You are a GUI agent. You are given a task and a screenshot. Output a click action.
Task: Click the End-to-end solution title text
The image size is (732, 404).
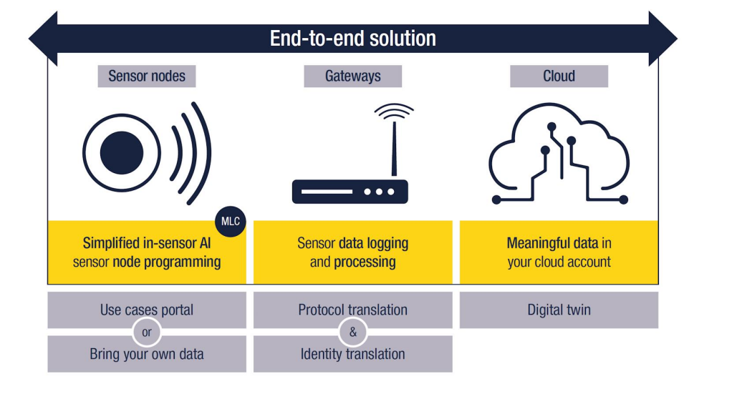(x=352, y=38)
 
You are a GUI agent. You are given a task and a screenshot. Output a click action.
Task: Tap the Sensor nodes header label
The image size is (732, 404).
(x=147, y=76)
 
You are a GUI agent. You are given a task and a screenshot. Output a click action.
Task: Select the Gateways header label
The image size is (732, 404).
(x=352, y=76)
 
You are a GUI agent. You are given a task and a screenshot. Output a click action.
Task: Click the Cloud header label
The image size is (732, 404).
(x=559, y=76)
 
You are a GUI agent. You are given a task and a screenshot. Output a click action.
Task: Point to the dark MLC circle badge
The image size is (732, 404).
(x=230, y=222)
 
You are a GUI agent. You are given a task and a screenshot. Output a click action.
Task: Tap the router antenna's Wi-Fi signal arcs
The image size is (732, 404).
(x=394, y=112)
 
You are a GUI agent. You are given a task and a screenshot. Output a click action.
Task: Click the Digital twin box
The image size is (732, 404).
(x=559, y=310)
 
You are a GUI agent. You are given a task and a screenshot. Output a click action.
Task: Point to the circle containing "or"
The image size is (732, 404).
(x=147, y=332)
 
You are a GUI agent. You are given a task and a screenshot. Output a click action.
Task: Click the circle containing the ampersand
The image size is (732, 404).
(x=352, y=332)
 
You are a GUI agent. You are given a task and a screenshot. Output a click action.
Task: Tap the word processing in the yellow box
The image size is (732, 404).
(x=365, y=262)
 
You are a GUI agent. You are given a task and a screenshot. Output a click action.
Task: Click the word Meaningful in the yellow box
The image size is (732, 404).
(x=538, y=243)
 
